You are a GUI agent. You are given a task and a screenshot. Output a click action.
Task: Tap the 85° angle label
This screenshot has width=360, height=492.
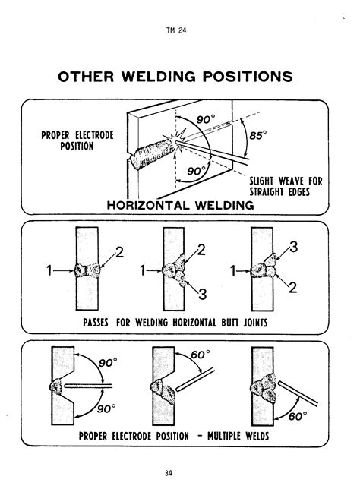tap(261, 136)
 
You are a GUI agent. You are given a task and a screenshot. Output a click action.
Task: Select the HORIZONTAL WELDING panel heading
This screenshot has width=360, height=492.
tap(180, 205)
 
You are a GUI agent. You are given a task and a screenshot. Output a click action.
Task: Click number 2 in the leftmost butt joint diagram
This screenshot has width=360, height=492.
tap(118, 252)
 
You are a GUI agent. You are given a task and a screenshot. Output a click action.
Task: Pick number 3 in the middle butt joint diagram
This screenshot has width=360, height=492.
tap(203, 293)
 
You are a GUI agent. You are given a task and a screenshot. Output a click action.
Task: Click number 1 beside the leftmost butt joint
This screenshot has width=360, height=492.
tap(49, 269)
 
